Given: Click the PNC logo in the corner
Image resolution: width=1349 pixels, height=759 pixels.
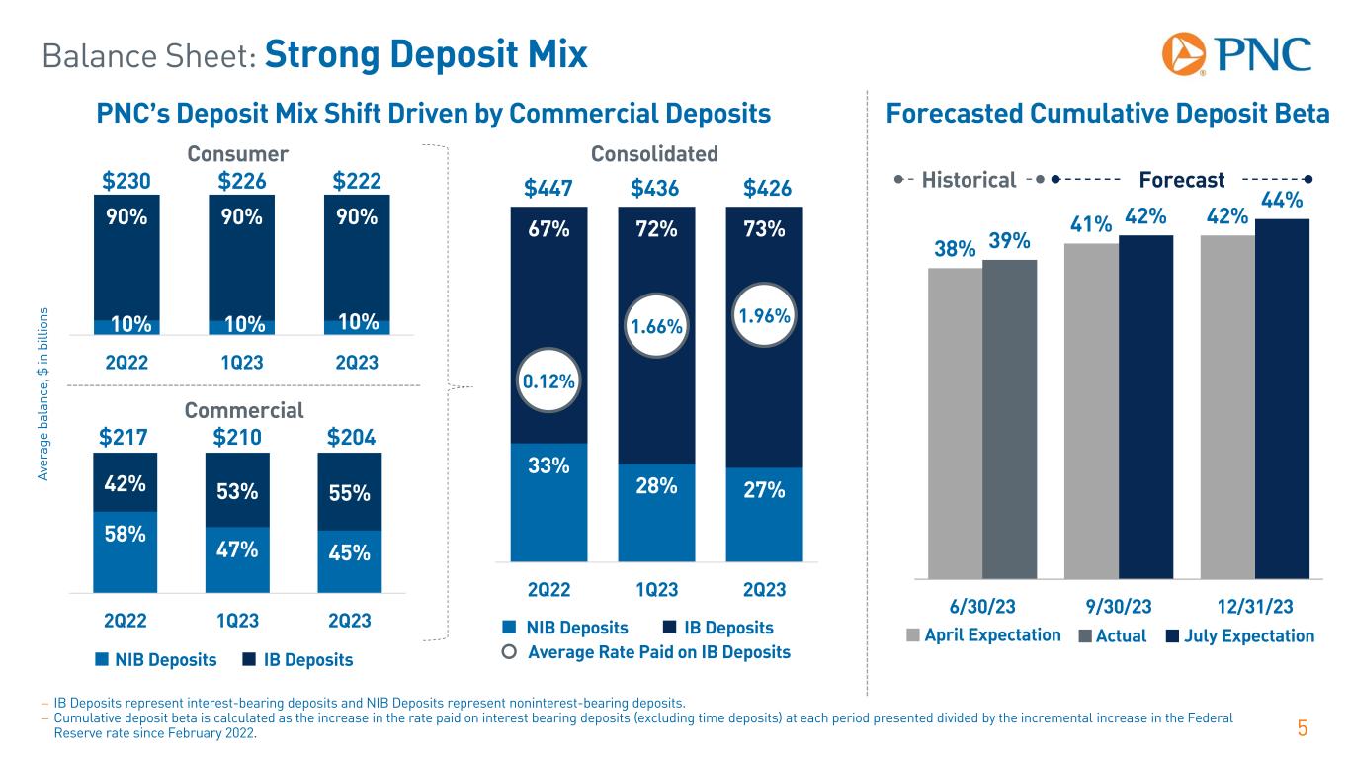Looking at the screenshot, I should pyautogui.click(x=1236, y=54).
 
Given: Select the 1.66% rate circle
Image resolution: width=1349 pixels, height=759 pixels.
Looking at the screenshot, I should pyautogui.click(x=656, y=324).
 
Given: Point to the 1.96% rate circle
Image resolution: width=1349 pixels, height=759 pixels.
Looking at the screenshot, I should pyautogui.click(x=764, y=317).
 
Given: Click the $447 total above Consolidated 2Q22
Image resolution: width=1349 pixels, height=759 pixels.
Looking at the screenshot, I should pyautogui.click(x=548, y=189).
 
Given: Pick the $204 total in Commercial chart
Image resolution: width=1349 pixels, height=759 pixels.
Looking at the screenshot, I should pyautogui.click(x=350, y=436).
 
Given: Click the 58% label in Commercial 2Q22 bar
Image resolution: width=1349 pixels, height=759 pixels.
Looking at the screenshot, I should pyautogui.click(x=125, y=534).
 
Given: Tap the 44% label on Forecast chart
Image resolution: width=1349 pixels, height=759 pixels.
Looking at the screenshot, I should pyautogui.click(x=1282, y=202).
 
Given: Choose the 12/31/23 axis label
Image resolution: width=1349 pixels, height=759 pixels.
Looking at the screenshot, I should pyautogui.click(x=1255, y=605).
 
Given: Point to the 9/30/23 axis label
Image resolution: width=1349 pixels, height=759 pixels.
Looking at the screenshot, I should pyautogui.click(x=1118, y=605).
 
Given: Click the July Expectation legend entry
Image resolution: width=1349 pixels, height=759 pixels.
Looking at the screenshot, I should pyautogui.click(x=1240, y=635).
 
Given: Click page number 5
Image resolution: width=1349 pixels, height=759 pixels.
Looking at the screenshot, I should pyautogui.click(x=1303, y=730).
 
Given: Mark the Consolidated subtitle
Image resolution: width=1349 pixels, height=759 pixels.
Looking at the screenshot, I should pyautogui.click(x=654, y=154).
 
